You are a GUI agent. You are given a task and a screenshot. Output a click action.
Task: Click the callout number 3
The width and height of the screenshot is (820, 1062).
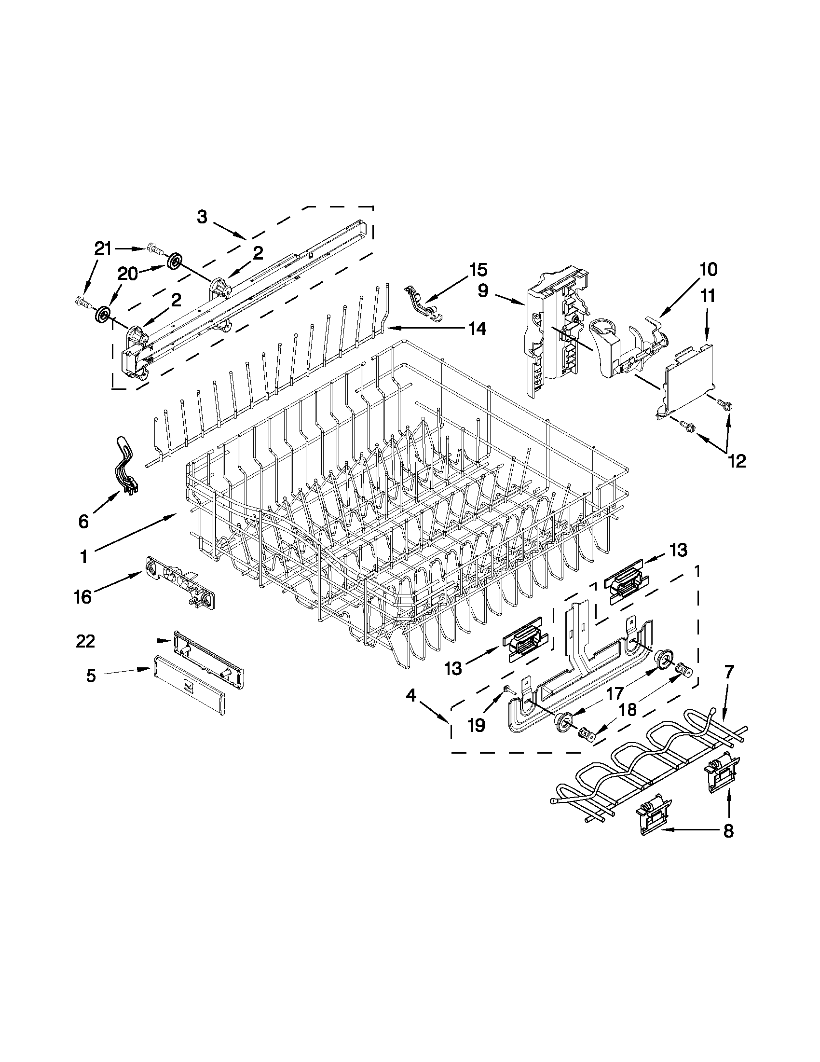click(202, 217)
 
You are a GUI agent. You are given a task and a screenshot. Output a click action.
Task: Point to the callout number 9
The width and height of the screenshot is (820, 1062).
click(483, 291)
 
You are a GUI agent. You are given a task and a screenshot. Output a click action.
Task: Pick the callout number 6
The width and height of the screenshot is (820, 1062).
click(83, 522)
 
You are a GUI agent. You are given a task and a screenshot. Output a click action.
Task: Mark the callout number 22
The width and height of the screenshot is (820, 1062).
click(85, 642)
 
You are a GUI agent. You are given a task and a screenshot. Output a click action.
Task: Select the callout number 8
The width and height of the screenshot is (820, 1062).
click(728, 831)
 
